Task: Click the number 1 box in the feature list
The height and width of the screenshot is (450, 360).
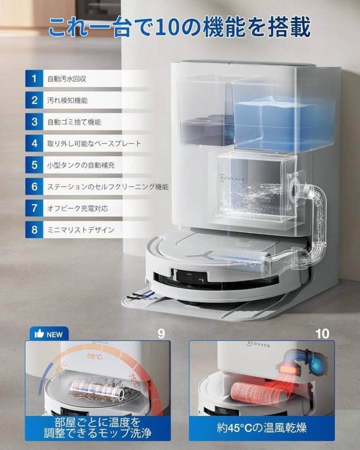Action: pyautogui.click(x=34, y=78)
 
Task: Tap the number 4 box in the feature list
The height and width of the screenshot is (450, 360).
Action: pyautogui.click(x=34, y=143)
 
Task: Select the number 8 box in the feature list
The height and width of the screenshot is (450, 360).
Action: pyautogui.click(x=34, y=230)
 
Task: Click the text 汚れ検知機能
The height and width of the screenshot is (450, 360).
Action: pyautogui.click(x=67, y=100)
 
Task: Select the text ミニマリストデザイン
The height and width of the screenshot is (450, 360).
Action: pyautogui.click(x=81, y=230)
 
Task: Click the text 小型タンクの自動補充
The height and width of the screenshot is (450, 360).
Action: pyautogui.click(x=81, y=165)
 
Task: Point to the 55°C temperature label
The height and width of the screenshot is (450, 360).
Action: pyautogui.click(x=95, y=357)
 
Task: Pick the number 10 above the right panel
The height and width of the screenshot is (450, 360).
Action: pyautogui.click(x=322, y=333)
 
